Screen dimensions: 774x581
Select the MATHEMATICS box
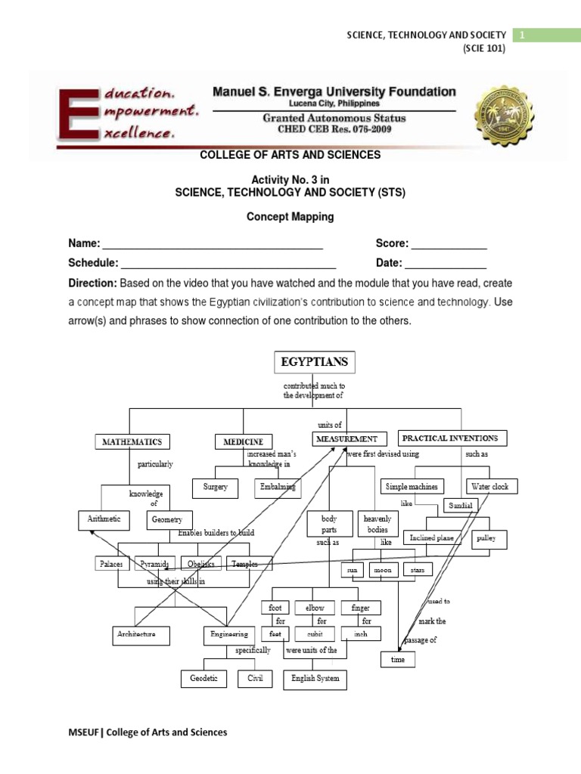tap(132, 441)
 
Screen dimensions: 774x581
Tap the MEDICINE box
tap(243, 441)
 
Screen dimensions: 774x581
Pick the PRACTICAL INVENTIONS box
tap(449, 438)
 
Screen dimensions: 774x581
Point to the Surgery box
tap(215, 488)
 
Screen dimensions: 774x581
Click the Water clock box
tap(489, 487)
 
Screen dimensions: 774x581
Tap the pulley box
tap(486, 540)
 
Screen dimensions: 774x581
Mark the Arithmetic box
tap(104, 520)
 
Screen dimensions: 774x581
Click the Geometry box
tap(169, 520)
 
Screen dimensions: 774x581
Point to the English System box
tap(315, 679)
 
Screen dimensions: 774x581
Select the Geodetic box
tap(204, 679)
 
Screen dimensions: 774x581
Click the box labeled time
tap(398, 660)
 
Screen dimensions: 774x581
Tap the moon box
tap(382, 570)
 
